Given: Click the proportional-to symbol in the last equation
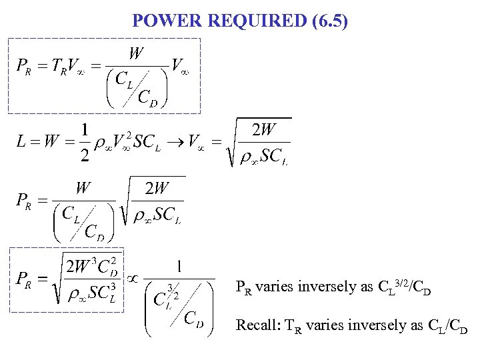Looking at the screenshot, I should click(133, 278).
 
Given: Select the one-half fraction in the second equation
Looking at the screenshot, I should click(84, 143).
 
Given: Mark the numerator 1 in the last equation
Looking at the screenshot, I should click(181, 267).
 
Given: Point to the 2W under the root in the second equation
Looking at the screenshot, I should click(266, 131).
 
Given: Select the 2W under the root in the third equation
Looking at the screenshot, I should click(157, 189).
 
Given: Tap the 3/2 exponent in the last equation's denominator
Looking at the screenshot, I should click(174, 289).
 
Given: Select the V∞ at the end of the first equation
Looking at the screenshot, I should click(180, 67).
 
